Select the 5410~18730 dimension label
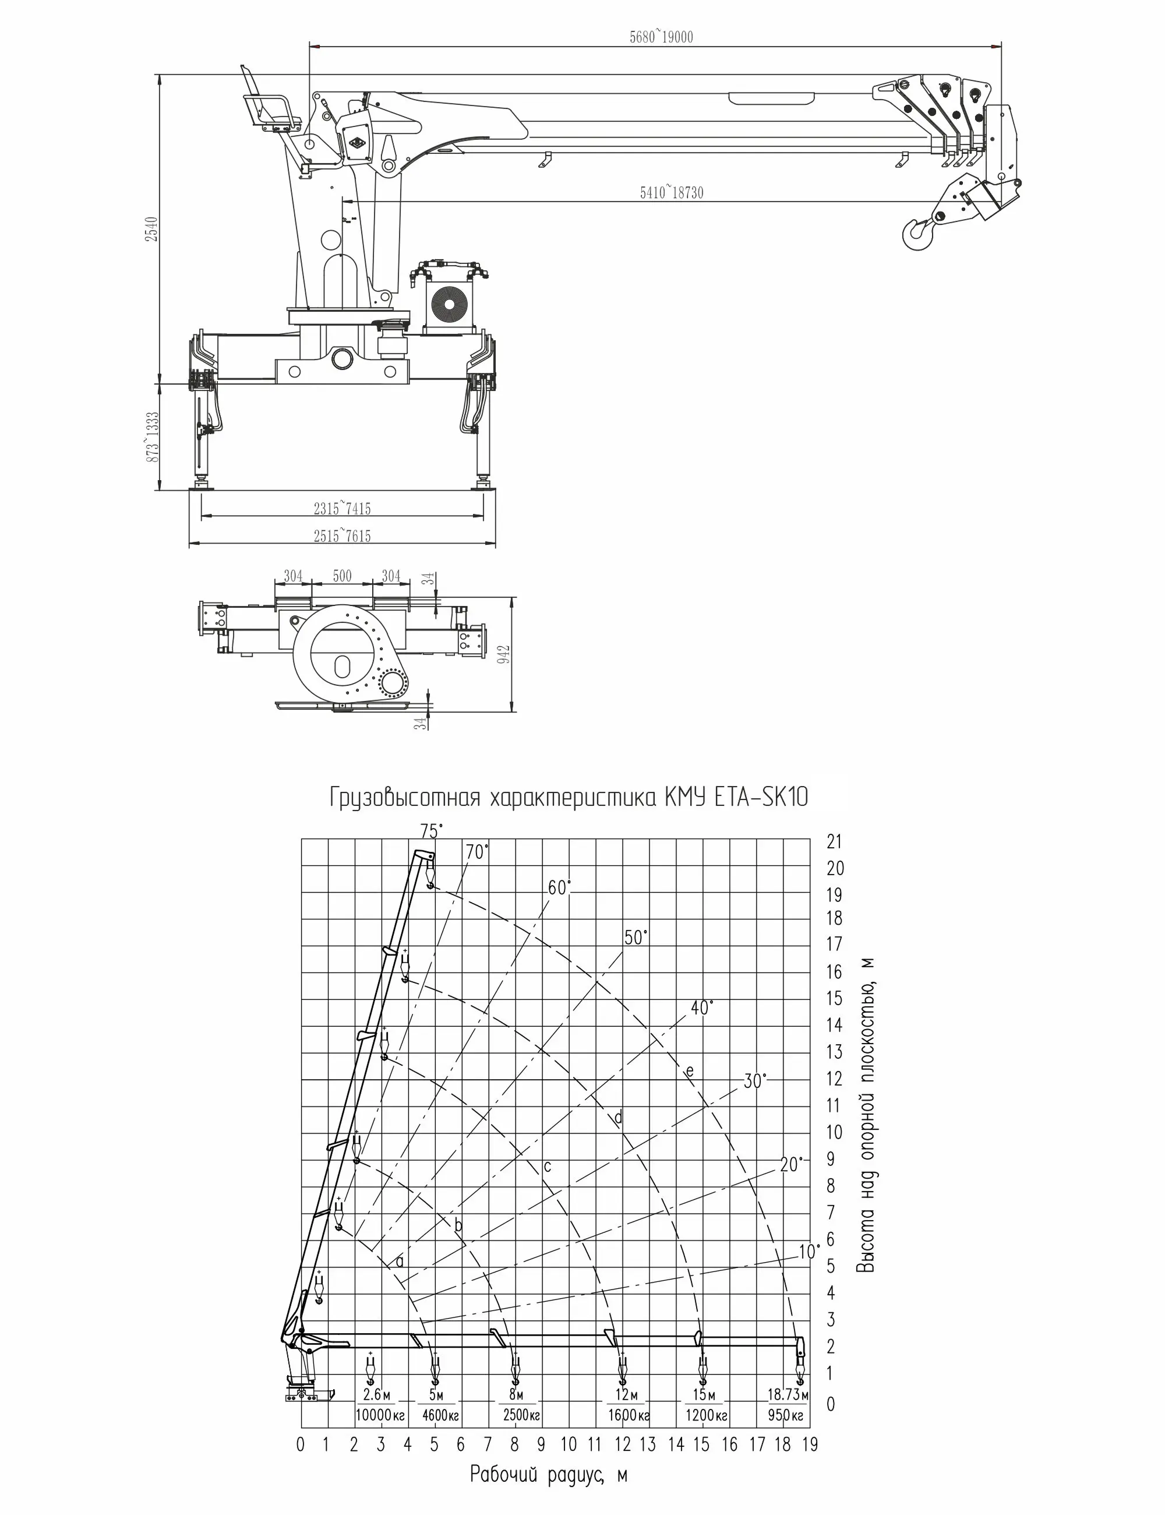[670, 193]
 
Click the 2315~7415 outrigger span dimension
[342, 509]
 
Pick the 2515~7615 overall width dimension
[342, 535]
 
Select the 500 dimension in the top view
[342, 576]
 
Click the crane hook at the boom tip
[917, 232]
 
